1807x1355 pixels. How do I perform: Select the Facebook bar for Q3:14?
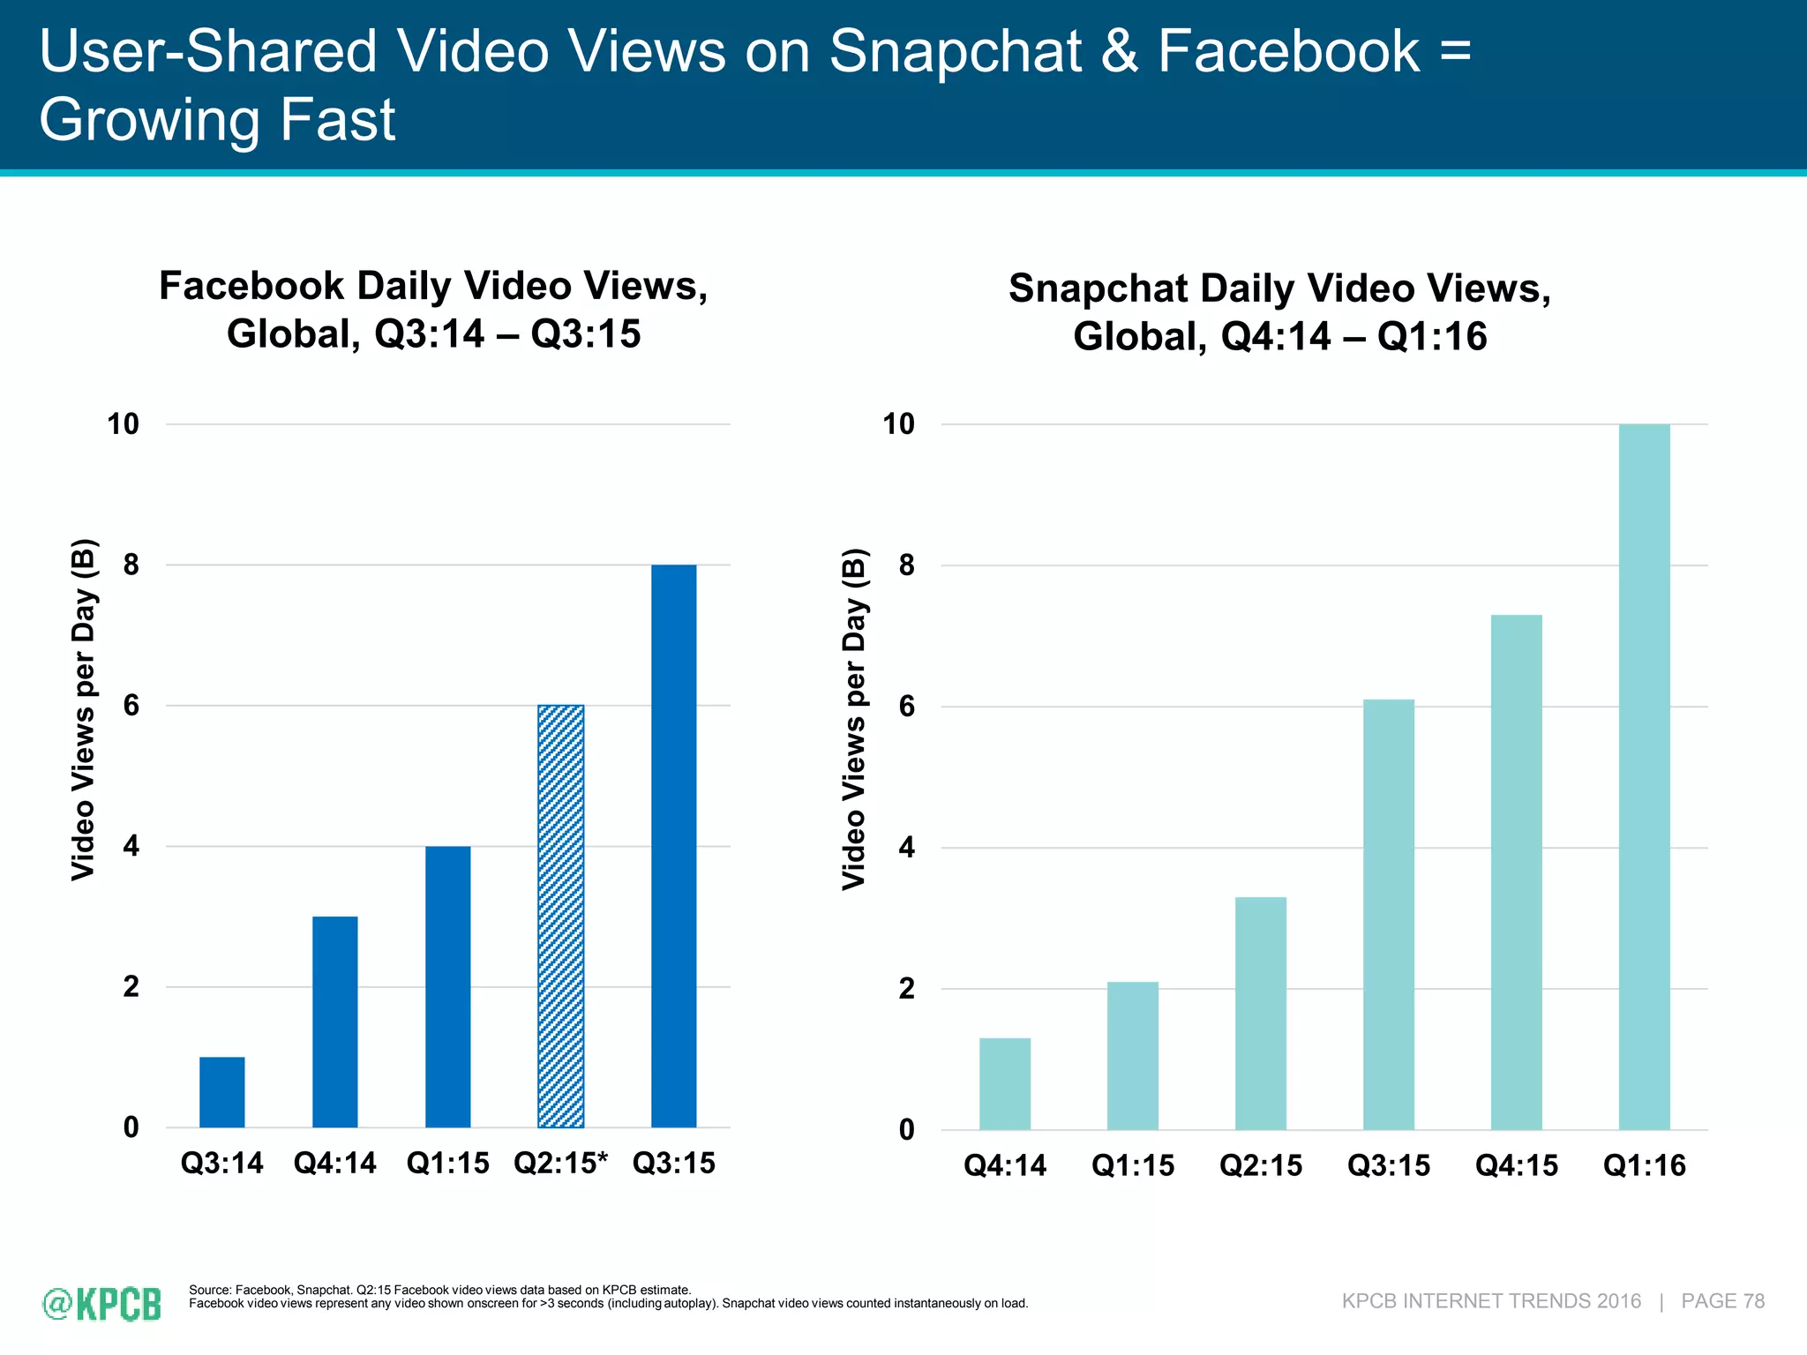[x=222, y=1092]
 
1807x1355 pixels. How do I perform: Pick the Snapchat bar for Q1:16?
[x=1645, y=776]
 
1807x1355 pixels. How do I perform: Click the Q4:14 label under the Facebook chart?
[x=335, y=1164]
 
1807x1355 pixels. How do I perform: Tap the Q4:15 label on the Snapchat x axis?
[x=1517, y=1166]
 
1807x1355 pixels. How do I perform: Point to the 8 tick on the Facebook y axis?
[x=131, y=565]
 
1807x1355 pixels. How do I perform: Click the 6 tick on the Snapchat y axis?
[x=907, y=707]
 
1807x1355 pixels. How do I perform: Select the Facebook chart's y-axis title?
[x=83, y=709]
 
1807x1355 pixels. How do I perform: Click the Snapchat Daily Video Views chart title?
[x=1279, y=312]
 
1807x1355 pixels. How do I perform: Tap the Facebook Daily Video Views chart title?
[x=433, y=310]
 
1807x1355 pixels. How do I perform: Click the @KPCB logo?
[x=102, y=1303]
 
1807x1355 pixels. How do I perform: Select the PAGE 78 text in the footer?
[x=1722, y=1301]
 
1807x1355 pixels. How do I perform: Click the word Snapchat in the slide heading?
[x=955, y=51]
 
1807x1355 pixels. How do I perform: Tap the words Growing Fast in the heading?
[x=217, y=120]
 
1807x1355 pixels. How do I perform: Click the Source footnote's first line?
[x=439, y=1290]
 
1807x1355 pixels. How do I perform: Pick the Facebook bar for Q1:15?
[x=448, y=986]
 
